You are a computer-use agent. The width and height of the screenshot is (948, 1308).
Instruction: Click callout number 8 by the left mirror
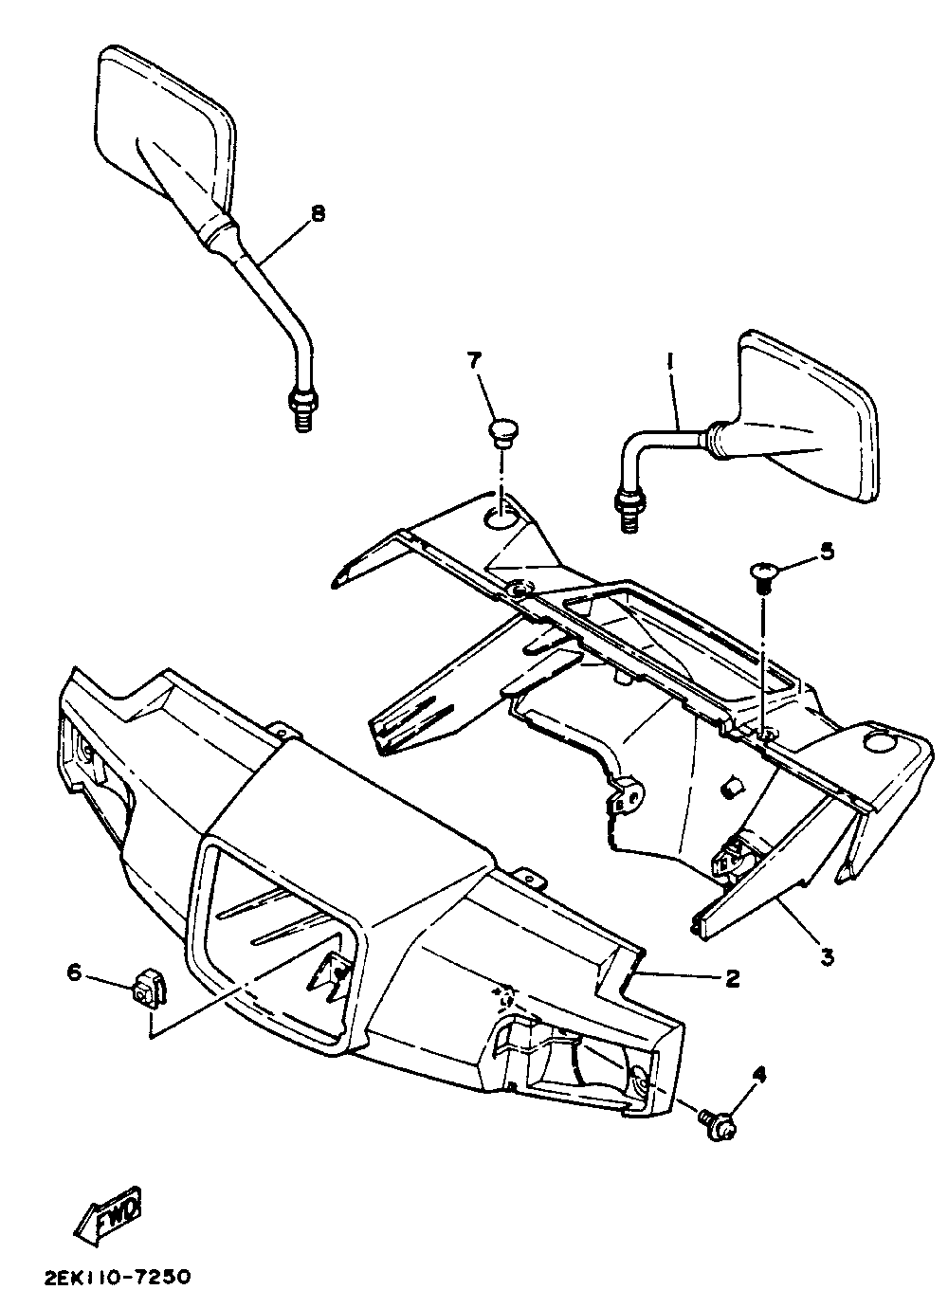317,214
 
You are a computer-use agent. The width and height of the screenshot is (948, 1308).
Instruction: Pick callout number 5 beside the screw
827,552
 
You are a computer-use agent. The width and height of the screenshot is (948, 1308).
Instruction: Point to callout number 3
827,958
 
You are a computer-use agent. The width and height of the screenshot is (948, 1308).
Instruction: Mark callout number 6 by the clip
73,971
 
